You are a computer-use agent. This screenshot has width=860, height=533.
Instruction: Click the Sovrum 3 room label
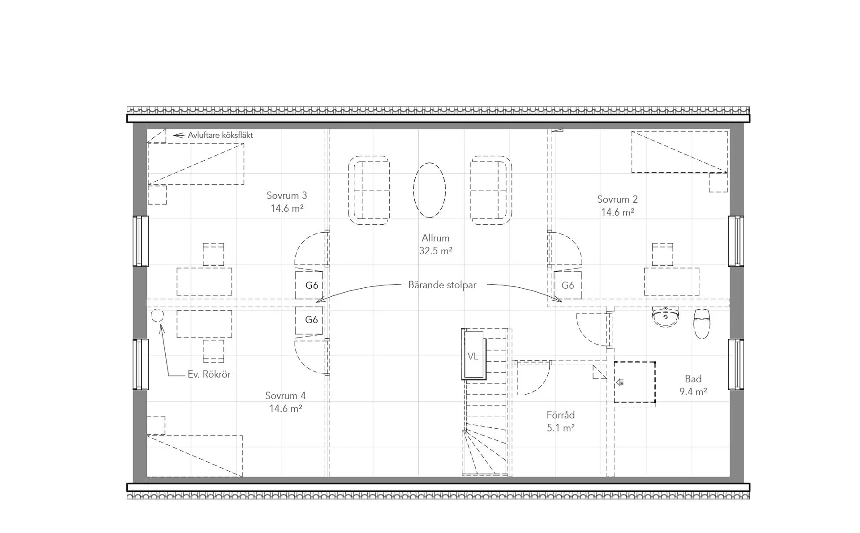287,202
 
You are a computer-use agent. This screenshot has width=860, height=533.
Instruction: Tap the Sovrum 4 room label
285,402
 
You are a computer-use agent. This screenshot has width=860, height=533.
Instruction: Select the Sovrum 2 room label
617,206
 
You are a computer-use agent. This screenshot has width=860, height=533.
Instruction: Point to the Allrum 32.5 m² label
435,244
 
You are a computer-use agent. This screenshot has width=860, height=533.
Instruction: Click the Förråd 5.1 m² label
560,421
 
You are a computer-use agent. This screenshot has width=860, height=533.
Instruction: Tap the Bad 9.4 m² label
693,385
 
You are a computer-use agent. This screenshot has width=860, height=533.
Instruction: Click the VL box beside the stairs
474,354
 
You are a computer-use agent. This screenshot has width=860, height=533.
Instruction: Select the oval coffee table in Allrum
430,190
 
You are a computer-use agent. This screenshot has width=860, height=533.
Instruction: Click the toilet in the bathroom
702,323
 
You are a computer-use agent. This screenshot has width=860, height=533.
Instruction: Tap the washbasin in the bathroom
666,317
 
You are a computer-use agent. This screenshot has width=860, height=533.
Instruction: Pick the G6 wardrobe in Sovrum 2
568,285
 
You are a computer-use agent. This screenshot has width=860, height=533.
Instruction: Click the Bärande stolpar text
442,285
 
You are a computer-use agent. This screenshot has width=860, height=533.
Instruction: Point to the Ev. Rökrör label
209,374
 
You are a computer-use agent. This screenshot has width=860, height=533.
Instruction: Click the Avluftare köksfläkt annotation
220,135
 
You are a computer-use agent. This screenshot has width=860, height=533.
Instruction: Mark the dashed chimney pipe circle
157,316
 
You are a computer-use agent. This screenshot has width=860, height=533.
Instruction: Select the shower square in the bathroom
634,382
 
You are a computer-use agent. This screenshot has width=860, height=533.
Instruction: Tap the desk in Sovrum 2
671,281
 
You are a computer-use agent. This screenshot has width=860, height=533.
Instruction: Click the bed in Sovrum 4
194,456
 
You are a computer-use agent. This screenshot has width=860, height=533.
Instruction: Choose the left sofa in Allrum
369,190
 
